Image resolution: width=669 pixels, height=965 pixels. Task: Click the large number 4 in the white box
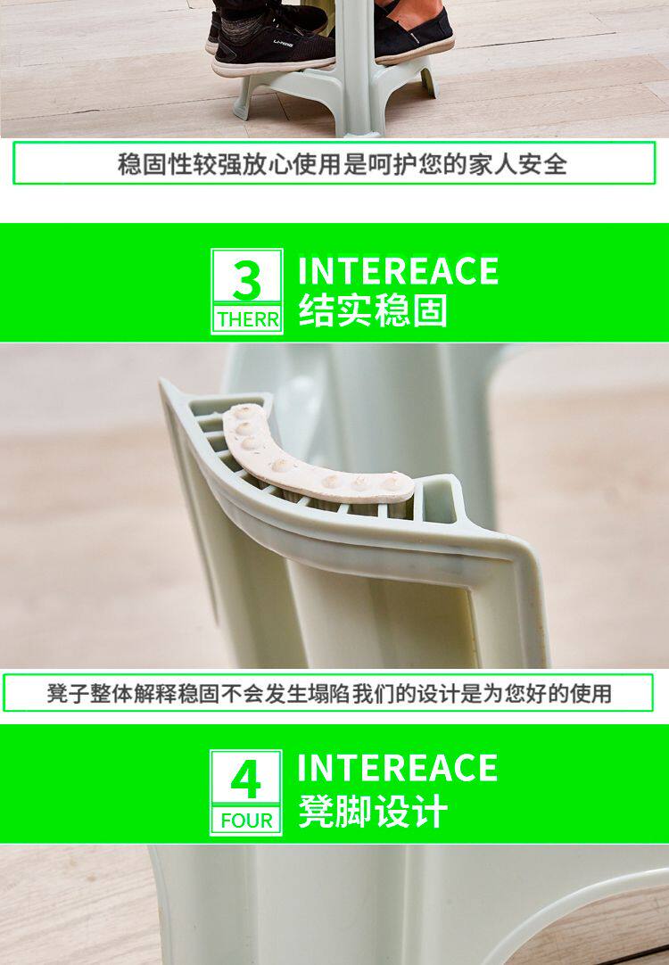click(245, 779)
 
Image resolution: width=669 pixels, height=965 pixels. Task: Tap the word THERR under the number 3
click(247, 320)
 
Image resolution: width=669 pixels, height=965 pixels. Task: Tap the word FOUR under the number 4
click(246, 821)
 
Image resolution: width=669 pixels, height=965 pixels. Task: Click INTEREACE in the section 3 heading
click(398, 271)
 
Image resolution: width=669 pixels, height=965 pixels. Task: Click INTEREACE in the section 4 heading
click(398, 768)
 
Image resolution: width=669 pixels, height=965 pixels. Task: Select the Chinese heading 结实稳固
click(373, 310)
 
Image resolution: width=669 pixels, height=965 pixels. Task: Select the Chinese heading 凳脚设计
click(373, 812)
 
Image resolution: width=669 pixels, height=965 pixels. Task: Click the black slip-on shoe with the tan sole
click(411, 31)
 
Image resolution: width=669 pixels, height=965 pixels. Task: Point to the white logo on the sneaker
click(284, 43)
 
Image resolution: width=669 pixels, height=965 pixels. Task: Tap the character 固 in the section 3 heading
click(430, 310)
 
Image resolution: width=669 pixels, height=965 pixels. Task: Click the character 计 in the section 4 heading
click(430, 812)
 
